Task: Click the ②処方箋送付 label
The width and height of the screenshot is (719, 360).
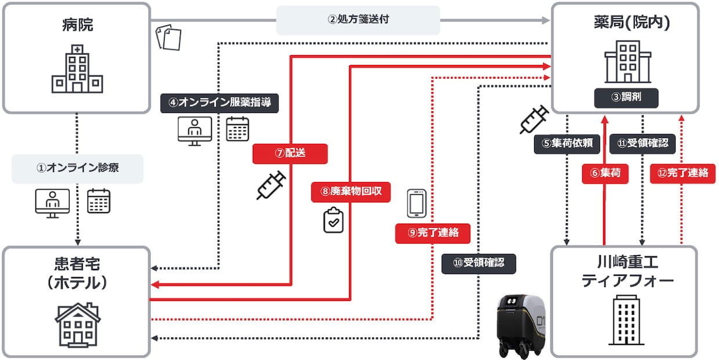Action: pyautogui.click(x=358, y=20)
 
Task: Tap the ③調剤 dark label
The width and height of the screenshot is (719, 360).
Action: pyautogui.click(x=626, y=97)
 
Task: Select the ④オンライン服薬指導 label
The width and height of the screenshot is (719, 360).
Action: pyautogui.click(x=220, y=103)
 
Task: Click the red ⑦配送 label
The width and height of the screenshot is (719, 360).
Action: pyautogui.click(x=290, y=154)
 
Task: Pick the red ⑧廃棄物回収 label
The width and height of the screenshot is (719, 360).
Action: pyautogui.click(x=351, y=192)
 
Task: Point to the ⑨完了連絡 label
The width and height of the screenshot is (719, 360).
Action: pyautogui.click(x=433, y=233)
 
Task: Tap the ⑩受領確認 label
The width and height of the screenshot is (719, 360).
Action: pyautogui.click(x=478, y=263)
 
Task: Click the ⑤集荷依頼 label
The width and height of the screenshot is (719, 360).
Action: pyautogui.click(x=567, y=144)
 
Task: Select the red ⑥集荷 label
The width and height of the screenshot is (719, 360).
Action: pyautogui.click(x=605, y=173)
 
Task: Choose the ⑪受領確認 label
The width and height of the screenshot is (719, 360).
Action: pyautogui.click(x=642, y=143)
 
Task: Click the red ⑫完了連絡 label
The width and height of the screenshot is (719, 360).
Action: pyautogui.click(x=682, y=173)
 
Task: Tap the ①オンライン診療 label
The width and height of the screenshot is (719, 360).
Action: pyautogui.click(x=77, y=169)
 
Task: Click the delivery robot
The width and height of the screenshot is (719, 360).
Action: pyautogui.click(x=521, y=326)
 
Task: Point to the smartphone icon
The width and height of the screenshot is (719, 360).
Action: pyautogui.click(x=417, y=203)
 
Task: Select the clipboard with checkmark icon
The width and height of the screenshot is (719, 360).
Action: pyautogui.click(x=333, y=220)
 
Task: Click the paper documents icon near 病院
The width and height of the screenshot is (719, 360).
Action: pyautogui.click(x=169, y=37)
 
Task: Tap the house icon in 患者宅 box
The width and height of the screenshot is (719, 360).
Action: pyautogui.click(x=78, y=325)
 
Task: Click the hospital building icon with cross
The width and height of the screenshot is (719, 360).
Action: pyautogui.click(x=77, y=69)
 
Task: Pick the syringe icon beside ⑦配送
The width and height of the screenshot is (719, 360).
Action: pyautogui.click(x=271, y=186)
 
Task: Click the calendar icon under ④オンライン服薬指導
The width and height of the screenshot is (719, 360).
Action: pyautogui.click(x=238, y=129)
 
